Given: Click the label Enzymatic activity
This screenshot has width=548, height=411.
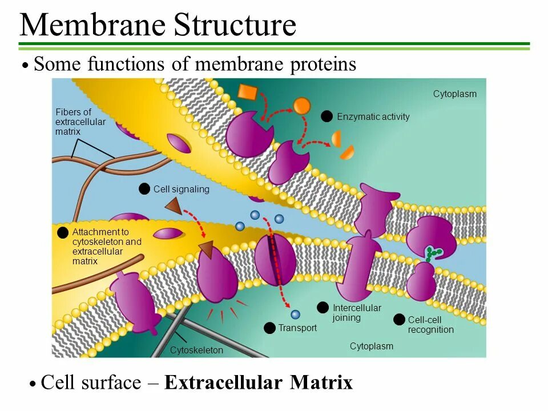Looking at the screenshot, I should (373, 117).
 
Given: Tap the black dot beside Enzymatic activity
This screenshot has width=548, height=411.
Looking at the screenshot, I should (327, 116).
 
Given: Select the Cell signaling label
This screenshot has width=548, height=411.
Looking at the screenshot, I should (181, 189).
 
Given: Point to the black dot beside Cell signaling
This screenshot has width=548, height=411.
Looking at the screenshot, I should (144, 189).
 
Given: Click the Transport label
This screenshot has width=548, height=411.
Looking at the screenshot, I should (297, 328).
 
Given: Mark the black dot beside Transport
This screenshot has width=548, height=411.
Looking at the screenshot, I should (269, 328).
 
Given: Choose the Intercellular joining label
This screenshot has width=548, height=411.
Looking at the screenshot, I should (356, 313).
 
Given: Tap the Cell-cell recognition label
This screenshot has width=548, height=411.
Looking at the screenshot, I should (430, 325).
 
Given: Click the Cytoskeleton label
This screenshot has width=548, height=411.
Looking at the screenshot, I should (196, 350).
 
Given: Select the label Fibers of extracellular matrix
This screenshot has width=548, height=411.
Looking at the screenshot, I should (80, 122).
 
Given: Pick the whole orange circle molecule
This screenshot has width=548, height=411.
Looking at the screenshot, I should (302, 106).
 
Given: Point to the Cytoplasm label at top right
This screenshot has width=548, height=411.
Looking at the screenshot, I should (454, 94).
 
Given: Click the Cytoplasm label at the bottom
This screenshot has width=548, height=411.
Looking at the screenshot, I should (371, 346).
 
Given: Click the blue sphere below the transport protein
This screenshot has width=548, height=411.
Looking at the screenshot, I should (295, 315).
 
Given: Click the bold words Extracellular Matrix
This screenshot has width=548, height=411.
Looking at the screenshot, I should (258, 382).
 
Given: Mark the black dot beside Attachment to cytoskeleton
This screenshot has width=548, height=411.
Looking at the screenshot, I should (62, 232).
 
